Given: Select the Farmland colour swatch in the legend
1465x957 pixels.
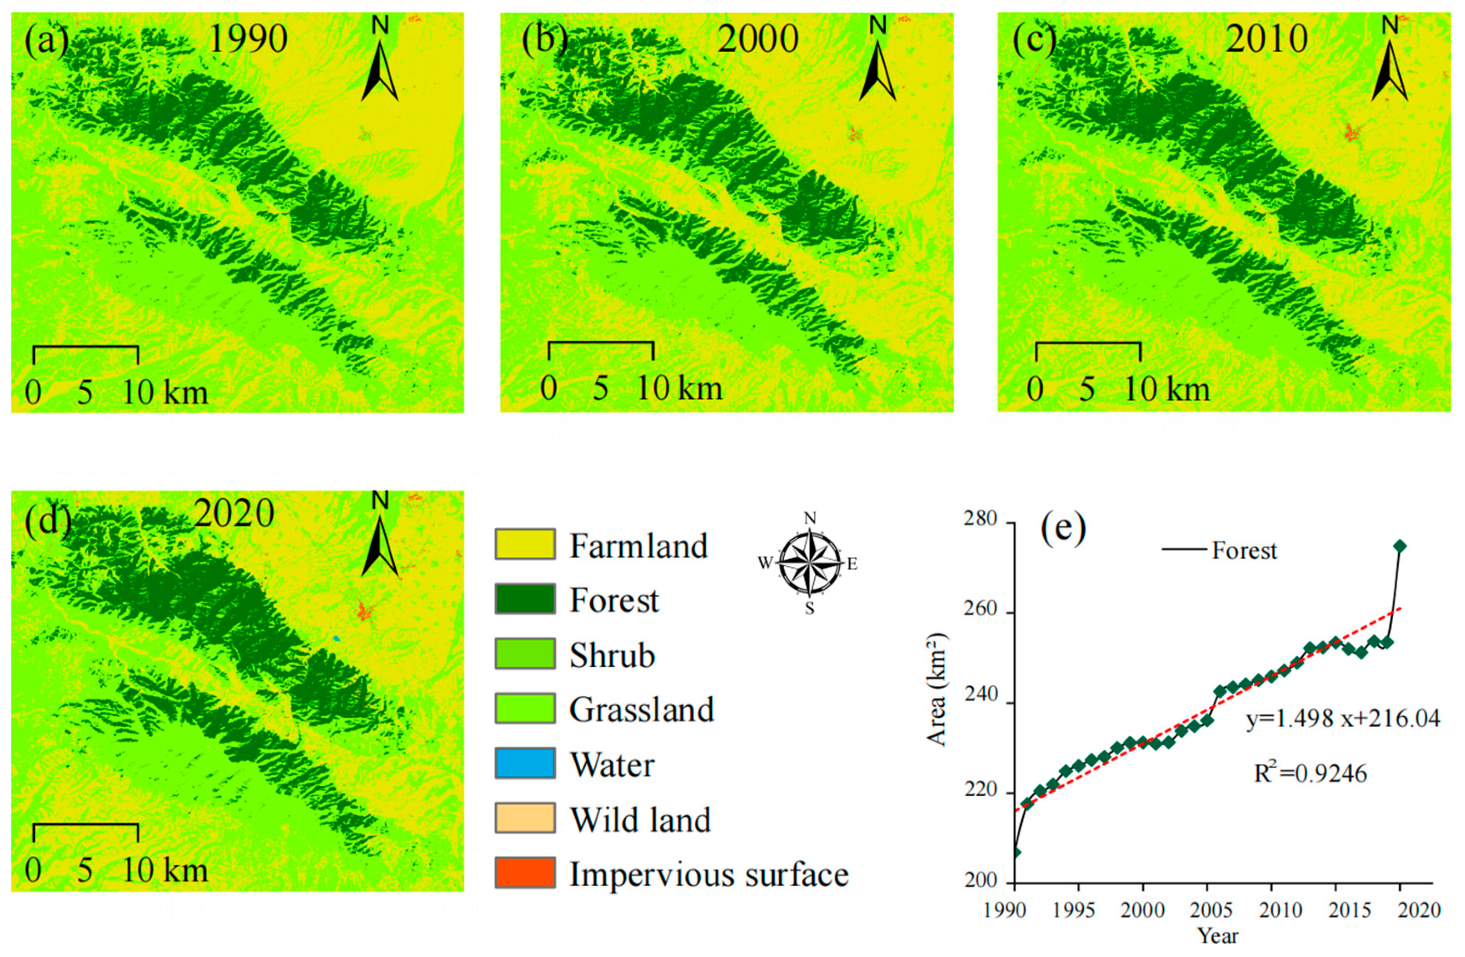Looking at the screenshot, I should [x=524, y=544].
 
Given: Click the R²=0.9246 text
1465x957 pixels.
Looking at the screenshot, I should [x=1311, y=773].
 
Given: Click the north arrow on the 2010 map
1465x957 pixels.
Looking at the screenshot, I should [x=1389, y=68].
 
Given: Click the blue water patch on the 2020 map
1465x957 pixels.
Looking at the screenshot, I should [x=336, y=639].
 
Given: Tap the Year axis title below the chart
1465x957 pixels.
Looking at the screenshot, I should [x=1217, y=936].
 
